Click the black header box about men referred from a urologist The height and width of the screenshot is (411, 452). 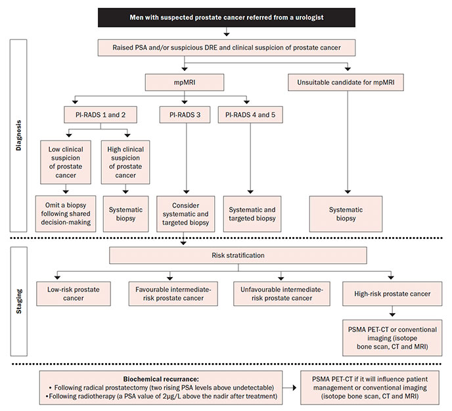227,17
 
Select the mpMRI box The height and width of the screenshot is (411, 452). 185,82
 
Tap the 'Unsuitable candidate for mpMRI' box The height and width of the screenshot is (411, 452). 346,82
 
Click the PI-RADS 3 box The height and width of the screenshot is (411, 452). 185,115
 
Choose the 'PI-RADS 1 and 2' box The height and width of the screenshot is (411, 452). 101,115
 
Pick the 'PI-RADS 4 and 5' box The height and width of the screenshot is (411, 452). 250,115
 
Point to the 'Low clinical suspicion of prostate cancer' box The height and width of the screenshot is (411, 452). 66,162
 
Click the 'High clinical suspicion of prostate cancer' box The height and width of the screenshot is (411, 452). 125,162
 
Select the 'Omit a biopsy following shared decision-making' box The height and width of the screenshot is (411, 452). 66,214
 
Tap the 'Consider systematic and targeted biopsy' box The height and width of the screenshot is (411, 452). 186,214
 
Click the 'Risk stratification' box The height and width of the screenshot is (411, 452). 238,255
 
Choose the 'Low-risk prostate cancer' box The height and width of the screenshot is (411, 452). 74,293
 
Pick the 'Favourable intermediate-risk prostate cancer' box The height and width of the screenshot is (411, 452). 173,293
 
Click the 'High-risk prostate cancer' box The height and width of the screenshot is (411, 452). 392,293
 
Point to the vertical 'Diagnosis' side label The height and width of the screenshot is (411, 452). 19,135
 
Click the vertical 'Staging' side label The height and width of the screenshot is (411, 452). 19,301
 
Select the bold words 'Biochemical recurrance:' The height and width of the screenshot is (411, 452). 161,379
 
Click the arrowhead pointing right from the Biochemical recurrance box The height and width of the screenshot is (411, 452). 294,387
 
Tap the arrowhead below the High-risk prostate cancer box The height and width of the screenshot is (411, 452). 392,314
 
